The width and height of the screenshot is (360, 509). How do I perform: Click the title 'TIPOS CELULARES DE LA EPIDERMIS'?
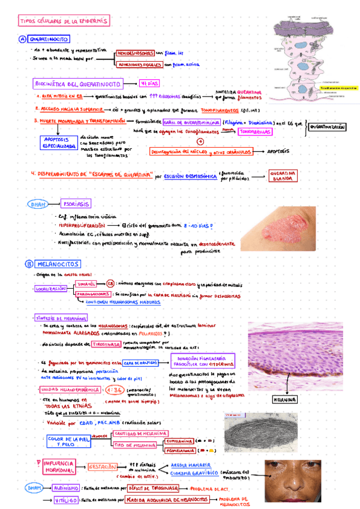pyautogui.click(x=64, y=21)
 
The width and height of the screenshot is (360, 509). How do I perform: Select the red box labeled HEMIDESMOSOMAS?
pyautogui.click(x=135, y=53)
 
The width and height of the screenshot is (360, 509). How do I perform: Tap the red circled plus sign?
pyautogui.click(x=201, y=142)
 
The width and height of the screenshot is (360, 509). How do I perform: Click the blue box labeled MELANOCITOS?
pyautogui.click(x=59, y=264)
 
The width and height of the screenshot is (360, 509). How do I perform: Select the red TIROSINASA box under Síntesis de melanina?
pyautogui.click(x=104, y=344)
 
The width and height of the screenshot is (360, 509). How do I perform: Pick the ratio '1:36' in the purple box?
pyautogui.click(x=113, y=389)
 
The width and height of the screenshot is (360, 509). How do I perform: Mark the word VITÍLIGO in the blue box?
pyautogui.click(x=65, y=499)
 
